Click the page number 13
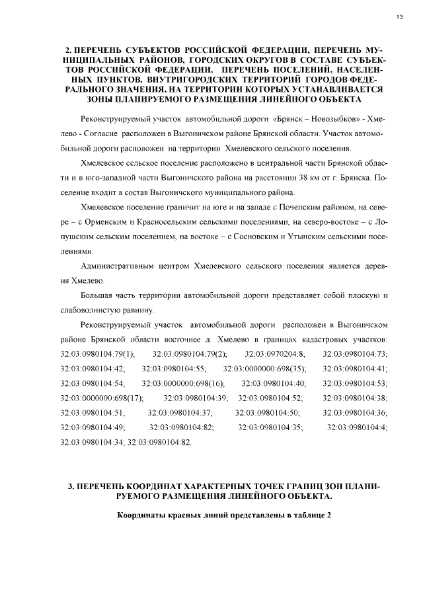400,17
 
